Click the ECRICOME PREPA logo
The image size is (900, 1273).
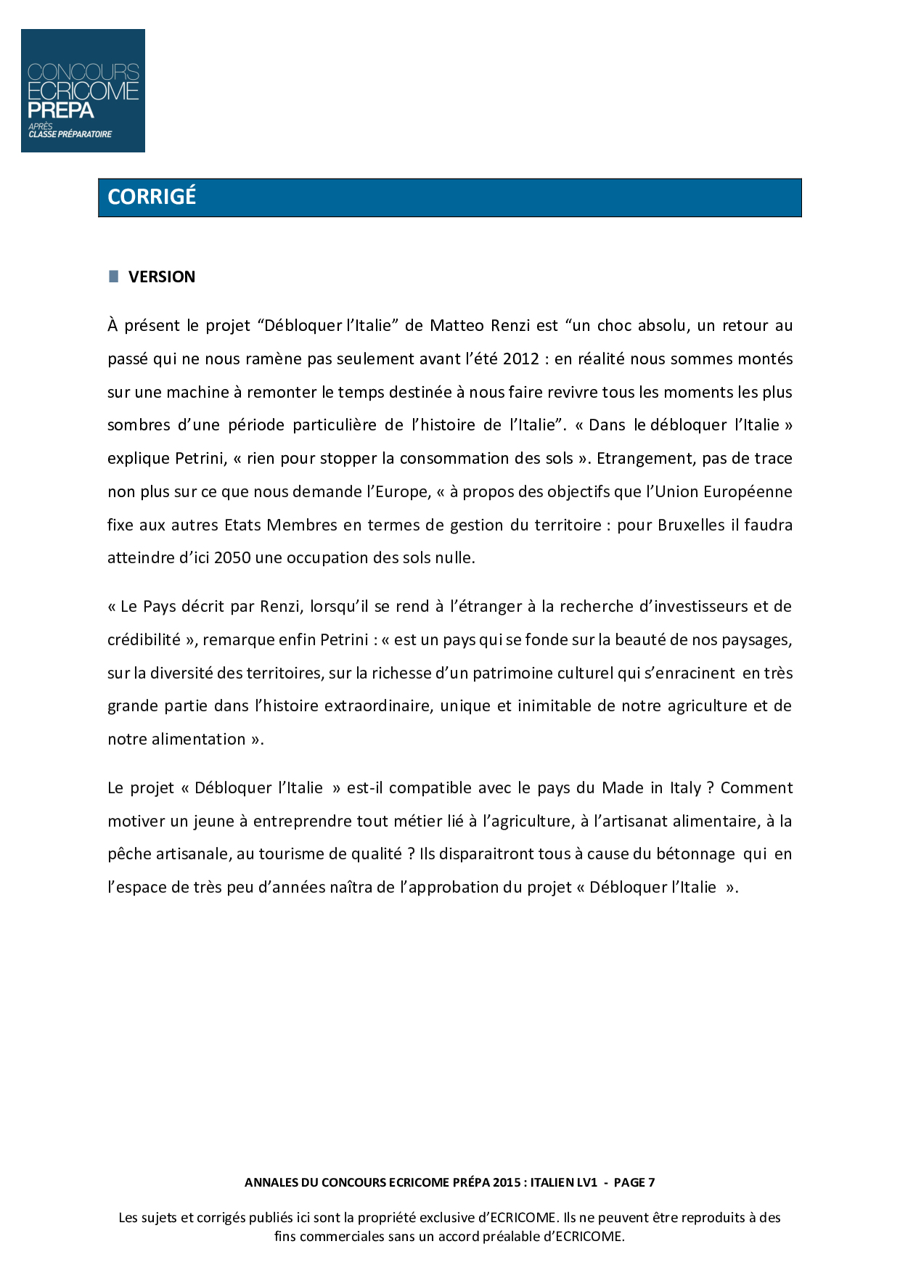pos(83,91)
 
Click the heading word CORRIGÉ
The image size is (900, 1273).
pos(152,197)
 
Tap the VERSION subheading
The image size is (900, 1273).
pos(162,277)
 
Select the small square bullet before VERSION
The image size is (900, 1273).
pos(113,276)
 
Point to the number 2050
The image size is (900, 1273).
pos(232,557)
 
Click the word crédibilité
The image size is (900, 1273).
pos(144,639)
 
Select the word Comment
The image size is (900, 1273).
pos(756,787)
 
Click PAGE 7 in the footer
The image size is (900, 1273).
pos(634,1182)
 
